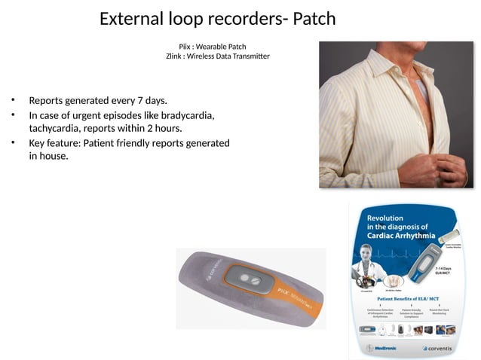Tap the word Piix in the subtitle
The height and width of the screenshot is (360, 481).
(x=185, y=47)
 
